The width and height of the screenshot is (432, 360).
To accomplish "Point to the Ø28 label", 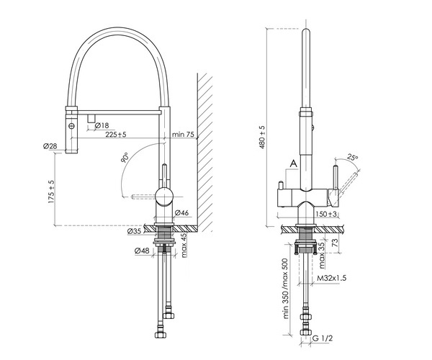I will [50, 147].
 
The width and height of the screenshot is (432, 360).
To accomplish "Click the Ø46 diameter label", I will [181, 212].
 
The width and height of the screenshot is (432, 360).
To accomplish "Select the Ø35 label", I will [137, 232].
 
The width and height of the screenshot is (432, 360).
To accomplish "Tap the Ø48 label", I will [141, 251].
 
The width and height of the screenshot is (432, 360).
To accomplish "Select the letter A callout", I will [293, 164].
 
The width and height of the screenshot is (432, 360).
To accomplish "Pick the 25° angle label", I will [352, 157].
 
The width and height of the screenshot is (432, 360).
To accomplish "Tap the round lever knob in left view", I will [165, 194].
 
